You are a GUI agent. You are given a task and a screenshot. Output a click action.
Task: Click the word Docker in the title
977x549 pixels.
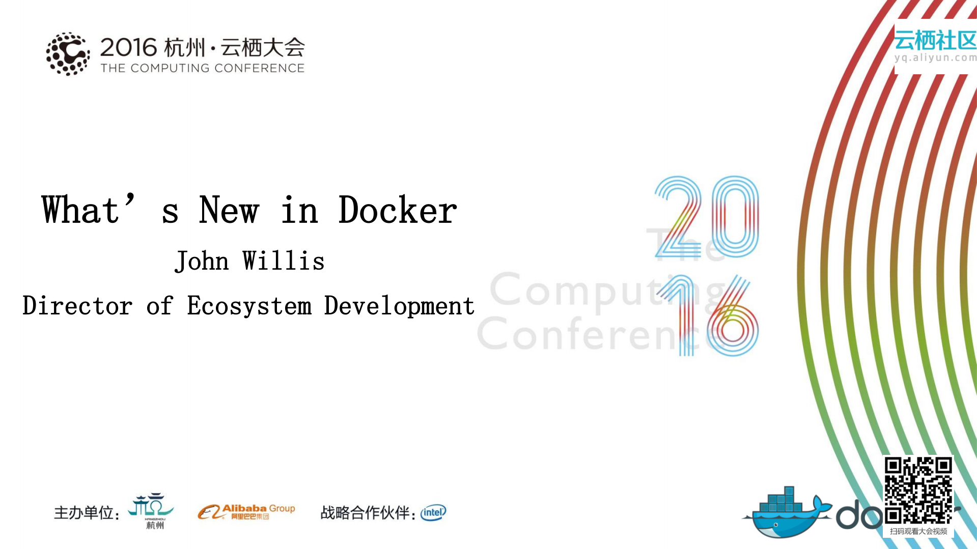pos(398,210)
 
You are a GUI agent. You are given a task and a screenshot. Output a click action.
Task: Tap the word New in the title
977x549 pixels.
pos(229,210)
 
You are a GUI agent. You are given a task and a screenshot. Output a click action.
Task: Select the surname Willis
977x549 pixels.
pos(283,261)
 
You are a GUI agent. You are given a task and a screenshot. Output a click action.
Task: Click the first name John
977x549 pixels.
pos(202,261)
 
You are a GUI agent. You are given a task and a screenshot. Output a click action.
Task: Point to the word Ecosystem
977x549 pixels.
pos(249,306)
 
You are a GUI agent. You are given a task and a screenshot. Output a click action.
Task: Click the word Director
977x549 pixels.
pos(77,306)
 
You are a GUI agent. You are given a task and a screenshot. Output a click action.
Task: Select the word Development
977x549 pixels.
pos(399,306)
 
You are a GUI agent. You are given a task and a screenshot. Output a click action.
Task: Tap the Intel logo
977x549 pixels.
pos(433,512)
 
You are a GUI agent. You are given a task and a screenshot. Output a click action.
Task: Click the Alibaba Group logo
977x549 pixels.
pos(246,511)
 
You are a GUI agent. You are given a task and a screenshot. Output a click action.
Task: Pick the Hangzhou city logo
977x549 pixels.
pos(152,510)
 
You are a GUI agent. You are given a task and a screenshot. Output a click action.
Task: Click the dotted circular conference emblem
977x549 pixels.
pos(68,54)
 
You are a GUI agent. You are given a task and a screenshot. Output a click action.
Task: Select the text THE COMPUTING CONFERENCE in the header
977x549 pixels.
pos(202,68)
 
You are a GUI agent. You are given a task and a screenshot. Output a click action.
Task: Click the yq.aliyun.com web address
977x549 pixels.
pos(935,58)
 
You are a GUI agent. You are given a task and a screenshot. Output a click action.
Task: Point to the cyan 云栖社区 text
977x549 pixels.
pos(935,40)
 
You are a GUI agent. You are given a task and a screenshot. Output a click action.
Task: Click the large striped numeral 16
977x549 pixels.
pos(708,315)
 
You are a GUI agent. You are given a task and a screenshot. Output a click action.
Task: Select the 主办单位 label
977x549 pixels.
pos(84,512)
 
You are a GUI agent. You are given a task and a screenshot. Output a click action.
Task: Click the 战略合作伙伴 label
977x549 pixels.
pos(366,512)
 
